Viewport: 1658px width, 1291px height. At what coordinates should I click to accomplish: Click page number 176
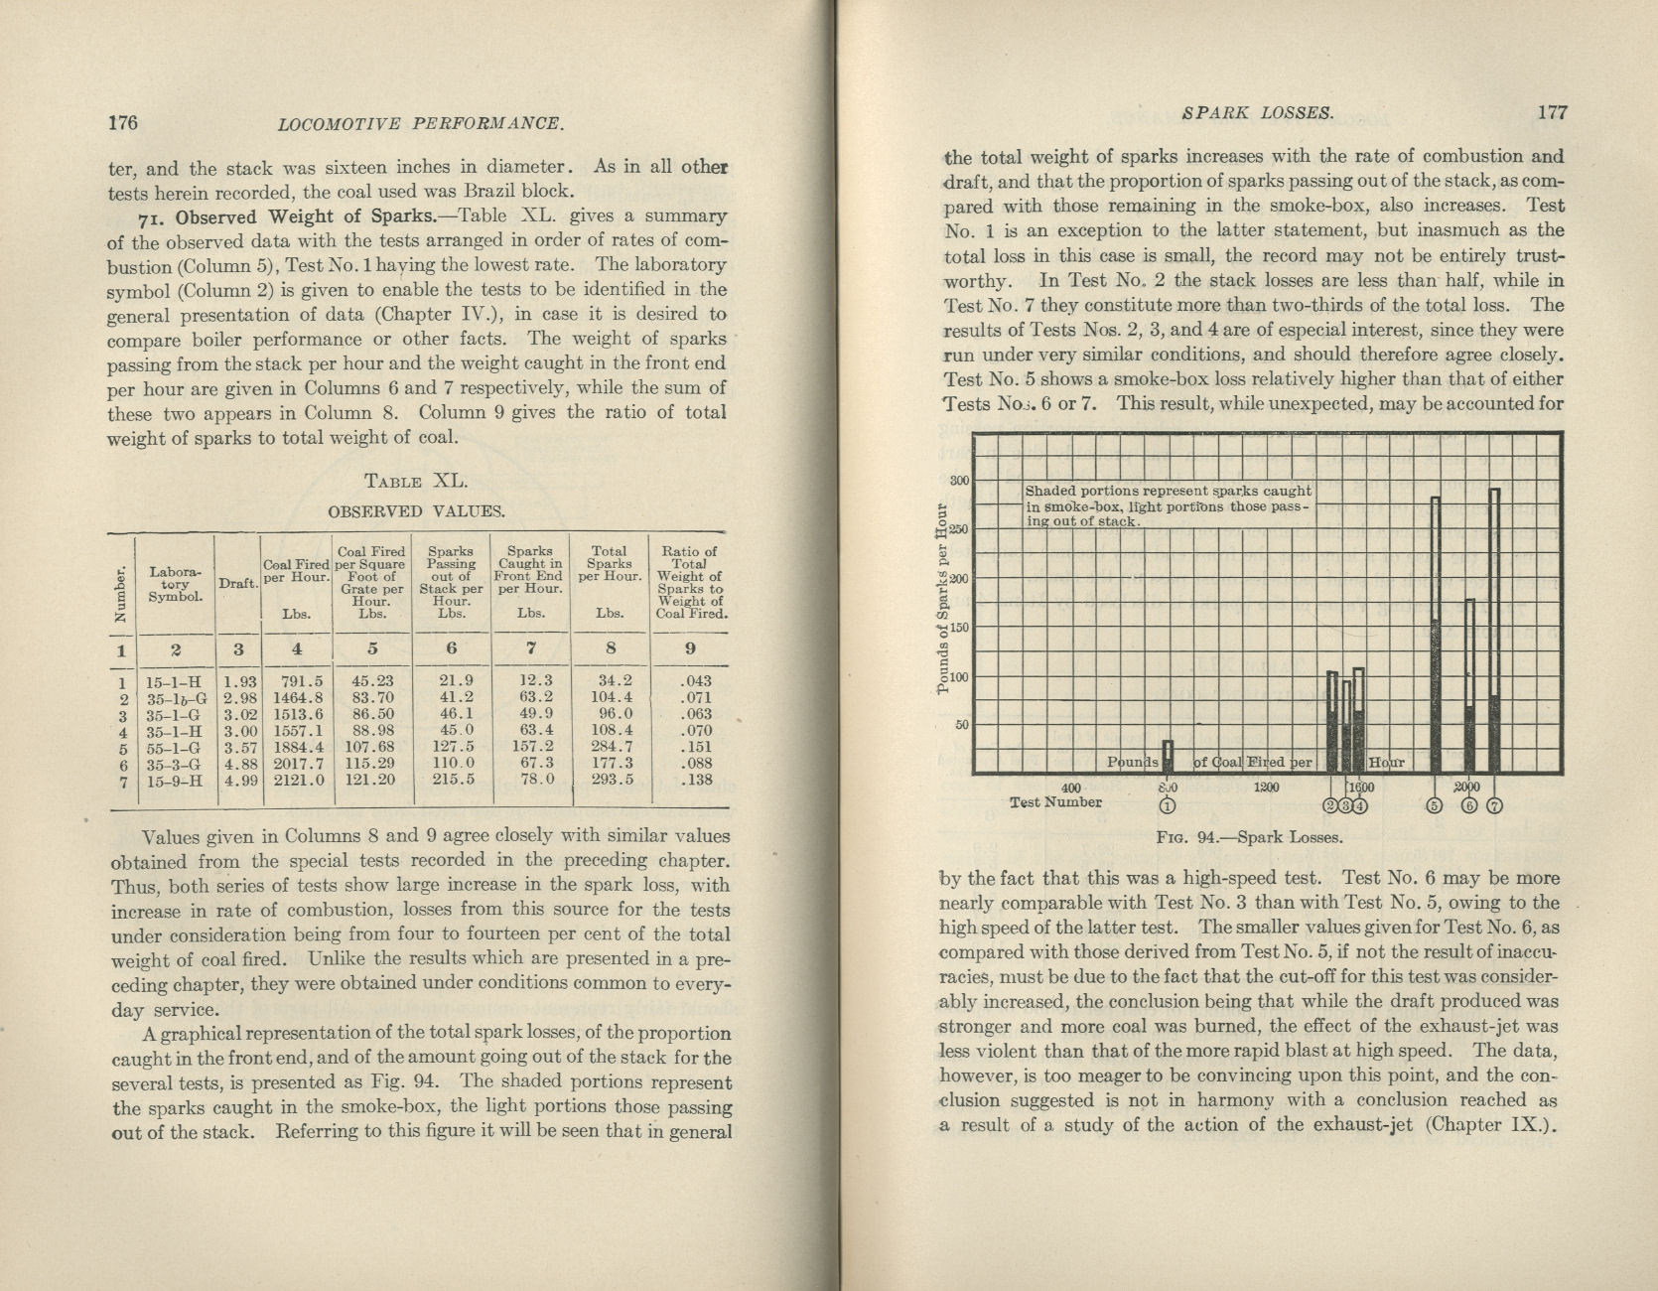coord(122,123)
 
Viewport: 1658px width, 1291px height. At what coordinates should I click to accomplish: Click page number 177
coord(1552,112)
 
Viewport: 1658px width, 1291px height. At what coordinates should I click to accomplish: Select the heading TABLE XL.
coord(415,482)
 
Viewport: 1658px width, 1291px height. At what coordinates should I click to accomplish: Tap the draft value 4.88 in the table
coord(238,764)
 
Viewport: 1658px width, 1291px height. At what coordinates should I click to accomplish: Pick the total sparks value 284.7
coord(610,748)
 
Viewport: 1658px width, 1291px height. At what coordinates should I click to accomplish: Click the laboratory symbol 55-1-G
coord(173,748)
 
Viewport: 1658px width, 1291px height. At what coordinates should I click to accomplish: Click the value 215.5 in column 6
coord(452,781)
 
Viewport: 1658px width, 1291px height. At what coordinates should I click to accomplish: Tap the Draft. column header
coord(238,584)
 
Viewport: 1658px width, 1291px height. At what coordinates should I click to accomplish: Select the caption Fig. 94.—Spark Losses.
coord(1249,837)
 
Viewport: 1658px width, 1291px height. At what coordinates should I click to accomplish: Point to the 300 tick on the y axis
coord(959,481)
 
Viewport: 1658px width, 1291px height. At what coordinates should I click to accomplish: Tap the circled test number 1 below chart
coord(1168,805)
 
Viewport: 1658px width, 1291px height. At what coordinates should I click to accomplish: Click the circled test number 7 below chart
coord(1495,805)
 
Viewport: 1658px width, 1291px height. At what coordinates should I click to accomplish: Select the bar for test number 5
coord(1435,636)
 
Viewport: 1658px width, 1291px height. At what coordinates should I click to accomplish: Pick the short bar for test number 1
coord(1169,756)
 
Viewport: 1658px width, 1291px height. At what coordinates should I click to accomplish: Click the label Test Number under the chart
coord(1055,802)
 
